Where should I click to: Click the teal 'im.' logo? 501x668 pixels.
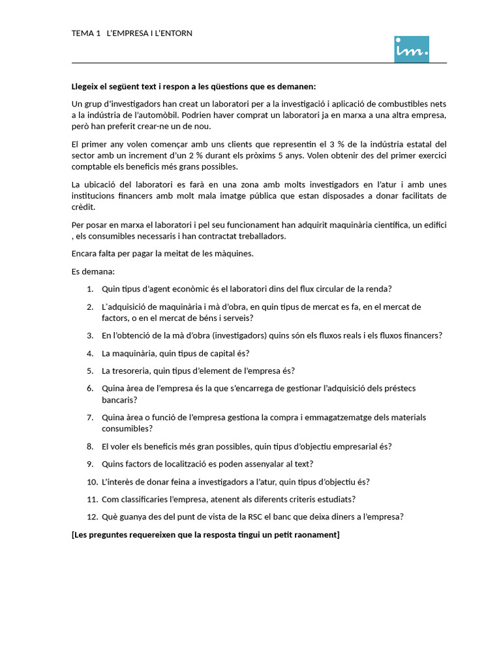point(412,49)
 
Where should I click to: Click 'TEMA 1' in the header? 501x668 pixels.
point(85,33)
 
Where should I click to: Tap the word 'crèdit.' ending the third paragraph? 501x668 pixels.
point(84,207)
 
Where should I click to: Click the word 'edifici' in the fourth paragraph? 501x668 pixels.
point(432,225)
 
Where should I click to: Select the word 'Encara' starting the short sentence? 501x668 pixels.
point(85,254)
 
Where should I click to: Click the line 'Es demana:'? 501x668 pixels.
point(93,271)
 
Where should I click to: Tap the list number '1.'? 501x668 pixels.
point(90,289)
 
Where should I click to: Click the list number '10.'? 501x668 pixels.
point(91,482)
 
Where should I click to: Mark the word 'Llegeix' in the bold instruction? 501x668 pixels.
point(86,87)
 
